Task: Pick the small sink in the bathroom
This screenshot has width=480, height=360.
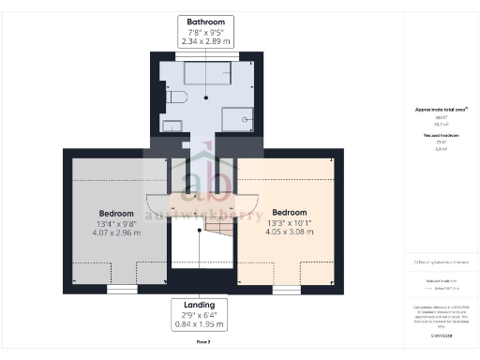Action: pos(171,126)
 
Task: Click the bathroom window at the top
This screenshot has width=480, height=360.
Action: pos(207,56)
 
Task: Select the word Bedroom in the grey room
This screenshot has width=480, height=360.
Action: pos(117,213)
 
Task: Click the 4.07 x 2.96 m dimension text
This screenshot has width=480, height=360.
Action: pos(117,234)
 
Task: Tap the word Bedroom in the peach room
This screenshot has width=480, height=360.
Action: pos(290,212)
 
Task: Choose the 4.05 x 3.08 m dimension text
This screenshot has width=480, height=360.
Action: pos(290,233)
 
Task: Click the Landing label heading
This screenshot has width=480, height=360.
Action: pos(200,305)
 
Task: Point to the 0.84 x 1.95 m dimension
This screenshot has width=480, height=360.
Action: pos(200,325)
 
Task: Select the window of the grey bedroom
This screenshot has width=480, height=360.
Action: pos(121,290)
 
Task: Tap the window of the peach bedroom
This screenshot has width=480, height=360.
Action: pos(287,290)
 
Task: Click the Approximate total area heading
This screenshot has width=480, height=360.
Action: pos(440,110)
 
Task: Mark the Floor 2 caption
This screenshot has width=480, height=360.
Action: pos(203,342)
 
